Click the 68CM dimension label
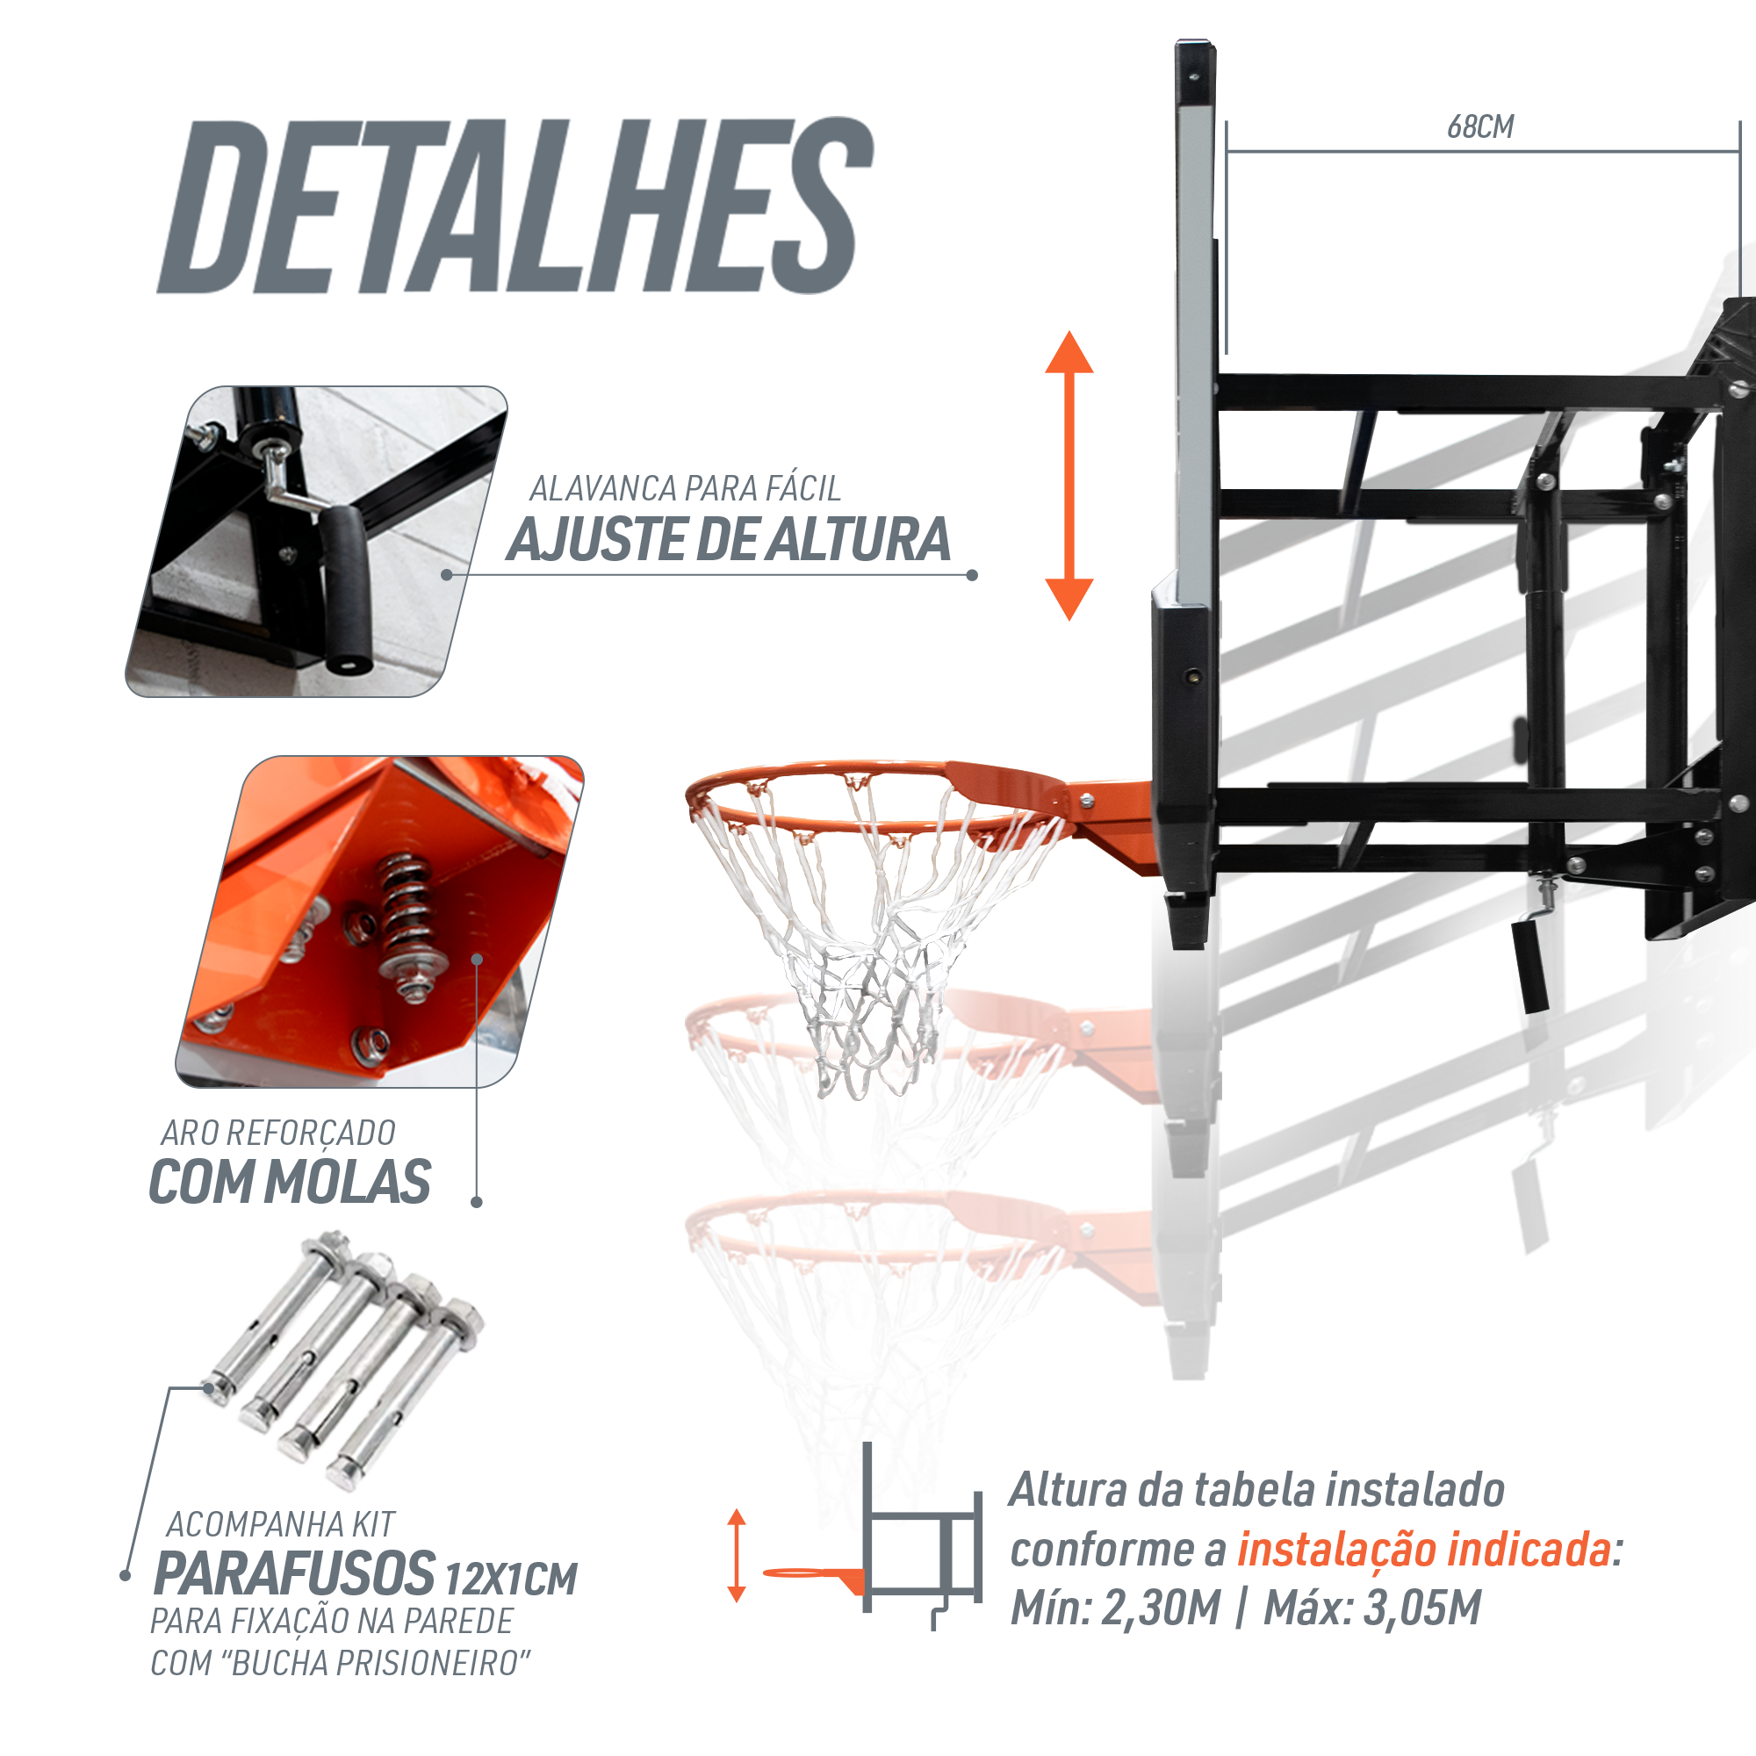[1479, 127]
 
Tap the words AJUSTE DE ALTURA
[728, 540]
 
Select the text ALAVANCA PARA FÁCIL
[685, 489]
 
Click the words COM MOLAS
[290, 1183]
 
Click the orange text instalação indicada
[1423, 1551]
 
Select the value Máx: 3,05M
[1372, 1608]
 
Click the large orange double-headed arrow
[1069, 475]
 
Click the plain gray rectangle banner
[515, 205]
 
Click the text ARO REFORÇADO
[278, 1133]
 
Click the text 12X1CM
[511, 1580]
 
